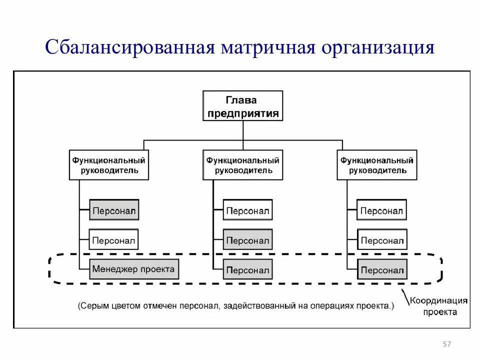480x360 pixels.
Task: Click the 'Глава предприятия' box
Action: (x=243, y=105)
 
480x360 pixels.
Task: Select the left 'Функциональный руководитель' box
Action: (x=109, y=165)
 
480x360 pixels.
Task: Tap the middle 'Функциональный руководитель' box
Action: (x=243, y=165)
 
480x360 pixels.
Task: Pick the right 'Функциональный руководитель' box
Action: (x=377, y=165)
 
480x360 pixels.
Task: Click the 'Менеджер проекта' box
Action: (x=133, y=269)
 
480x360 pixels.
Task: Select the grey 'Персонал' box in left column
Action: (x=113, y=210)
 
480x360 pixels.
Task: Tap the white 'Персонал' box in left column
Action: (x=113, y=240)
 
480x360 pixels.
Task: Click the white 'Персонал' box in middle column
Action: (x=247, y=210)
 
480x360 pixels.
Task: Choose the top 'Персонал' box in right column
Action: (x=381, y=210)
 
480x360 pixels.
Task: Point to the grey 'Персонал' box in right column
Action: (x=381, y=270)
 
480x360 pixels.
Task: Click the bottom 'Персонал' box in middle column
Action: (x=247, y=270)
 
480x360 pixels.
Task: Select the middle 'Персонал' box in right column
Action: (x=381, y=240)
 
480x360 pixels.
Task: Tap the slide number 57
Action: (x=447, y=344)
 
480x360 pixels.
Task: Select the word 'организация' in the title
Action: (x=378, y=49)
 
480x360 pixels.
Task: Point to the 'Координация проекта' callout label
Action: (x=439, y=306)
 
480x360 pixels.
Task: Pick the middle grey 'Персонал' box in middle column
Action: (x=247, y=240)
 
